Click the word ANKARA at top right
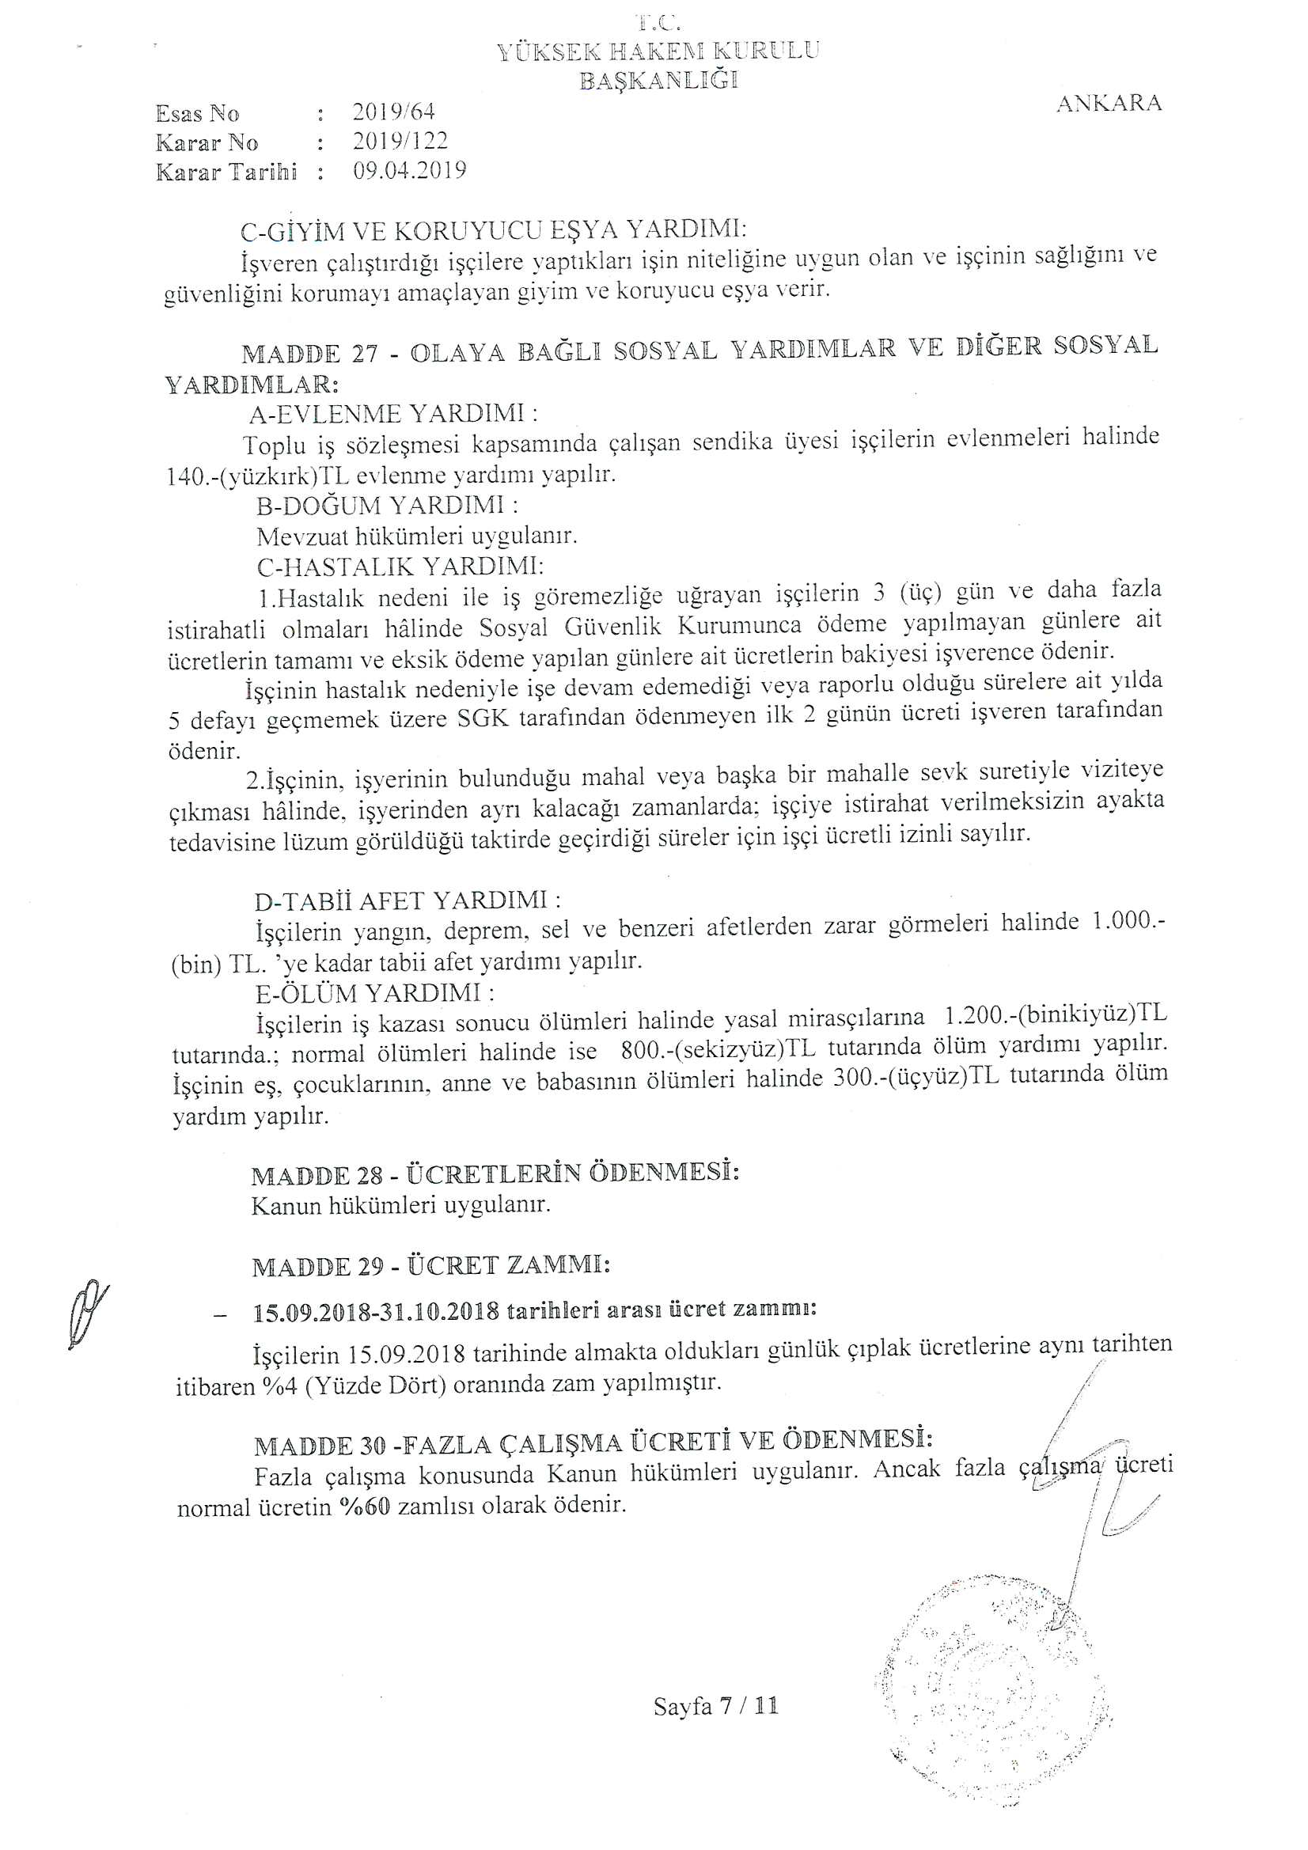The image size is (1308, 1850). point(1108,103)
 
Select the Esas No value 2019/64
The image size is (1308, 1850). point(393,112)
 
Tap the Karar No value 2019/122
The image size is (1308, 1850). point(400,141)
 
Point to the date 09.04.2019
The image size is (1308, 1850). point(409,171)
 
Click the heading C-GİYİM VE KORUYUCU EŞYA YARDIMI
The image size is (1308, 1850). point(493,230)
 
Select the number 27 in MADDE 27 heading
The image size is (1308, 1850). point(364,354)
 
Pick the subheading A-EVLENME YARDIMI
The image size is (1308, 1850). point(393,414)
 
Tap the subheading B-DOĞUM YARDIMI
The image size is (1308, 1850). point(387,506)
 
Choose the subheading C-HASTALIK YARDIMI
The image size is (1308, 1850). point(400,567)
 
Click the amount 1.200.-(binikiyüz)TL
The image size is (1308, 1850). point(1055,1016)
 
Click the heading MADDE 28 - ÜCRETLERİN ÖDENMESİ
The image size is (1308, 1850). point(495,1174)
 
